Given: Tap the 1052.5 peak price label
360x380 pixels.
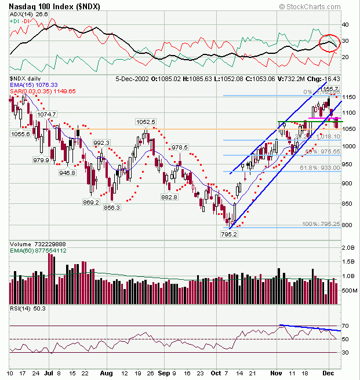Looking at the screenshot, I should [x=146, y=122].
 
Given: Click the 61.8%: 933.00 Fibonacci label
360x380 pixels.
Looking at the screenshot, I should [x=319, y=167].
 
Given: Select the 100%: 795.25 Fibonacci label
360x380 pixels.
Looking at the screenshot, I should [x=318, y=224].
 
